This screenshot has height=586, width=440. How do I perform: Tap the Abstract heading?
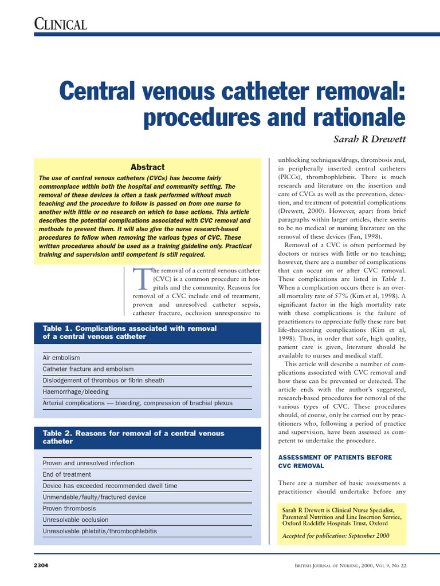click(147, 167)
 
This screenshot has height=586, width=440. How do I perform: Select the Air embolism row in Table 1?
click(62, 358)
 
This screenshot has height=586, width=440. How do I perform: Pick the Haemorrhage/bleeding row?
click(76, 392)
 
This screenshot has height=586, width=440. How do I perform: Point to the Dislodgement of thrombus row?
click(103, 381)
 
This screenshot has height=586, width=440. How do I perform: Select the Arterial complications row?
click(137, 403)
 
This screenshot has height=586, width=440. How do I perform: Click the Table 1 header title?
click(129, 332)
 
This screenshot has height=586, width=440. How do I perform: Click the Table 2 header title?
click(133, 437)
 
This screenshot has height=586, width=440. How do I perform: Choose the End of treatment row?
click(66, 474)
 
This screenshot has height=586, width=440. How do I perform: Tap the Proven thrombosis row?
click(69, 508)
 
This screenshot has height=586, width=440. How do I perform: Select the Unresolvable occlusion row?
click(75, 520)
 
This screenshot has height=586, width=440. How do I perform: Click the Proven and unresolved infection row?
click(88, 463)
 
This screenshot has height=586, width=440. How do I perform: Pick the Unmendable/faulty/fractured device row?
click(94, 497)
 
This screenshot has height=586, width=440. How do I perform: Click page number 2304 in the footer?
click(41, 565)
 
